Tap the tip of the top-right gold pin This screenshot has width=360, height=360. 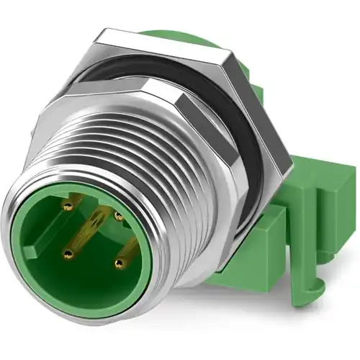click(x=117, y=214)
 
